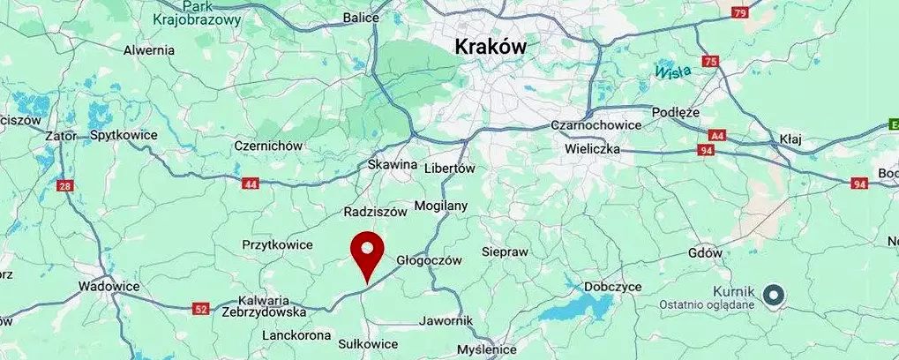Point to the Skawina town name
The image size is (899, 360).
(390, 165)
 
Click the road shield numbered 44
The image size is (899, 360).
(251, 183)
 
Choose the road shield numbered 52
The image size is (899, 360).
(202, 308)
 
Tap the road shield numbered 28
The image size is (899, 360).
(64, 185)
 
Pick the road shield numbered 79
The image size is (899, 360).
(739, 13)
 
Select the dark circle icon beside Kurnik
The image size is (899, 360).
(774, 295)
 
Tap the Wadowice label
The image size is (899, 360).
(109, 286)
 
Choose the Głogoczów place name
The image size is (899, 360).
(430, 260)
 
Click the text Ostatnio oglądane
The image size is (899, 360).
(708, 304)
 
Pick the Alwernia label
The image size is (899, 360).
(149, 50)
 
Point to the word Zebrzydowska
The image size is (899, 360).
(264, 311)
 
